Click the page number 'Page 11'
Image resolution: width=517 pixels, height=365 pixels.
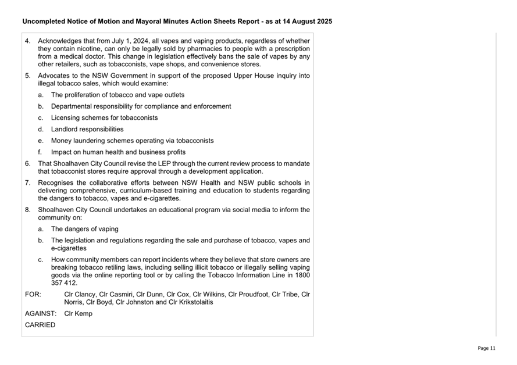[486, 348]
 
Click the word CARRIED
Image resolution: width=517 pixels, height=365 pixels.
[40, 325]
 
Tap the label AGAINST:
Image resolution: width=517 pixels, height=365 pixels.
[41, 313]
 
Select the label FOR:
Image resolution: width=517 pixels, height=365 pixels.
[33, 294]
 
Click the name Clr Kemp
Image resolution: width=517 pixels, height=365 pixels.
[78, 313]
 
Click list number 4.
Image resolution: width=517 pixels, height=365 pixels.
[28, 41]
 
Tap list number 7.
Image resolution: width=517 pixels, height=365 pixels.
[28, 182]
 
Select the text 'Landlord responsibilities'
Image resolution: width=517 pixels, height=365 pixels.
[87, 129]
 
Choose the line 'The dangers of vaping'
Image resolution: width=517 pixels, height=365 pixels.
[84, 229]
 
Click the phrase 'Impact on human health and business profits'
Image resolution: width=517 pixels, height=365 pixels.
[118, 152]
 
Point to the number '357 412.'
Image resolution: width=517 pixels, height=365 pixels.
[64, 283]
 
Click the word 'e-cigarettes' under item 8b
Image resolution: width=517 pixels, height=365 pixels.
[69, 248]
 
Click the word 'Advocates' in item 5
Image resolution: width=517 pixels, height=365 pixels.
[54, 76]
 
